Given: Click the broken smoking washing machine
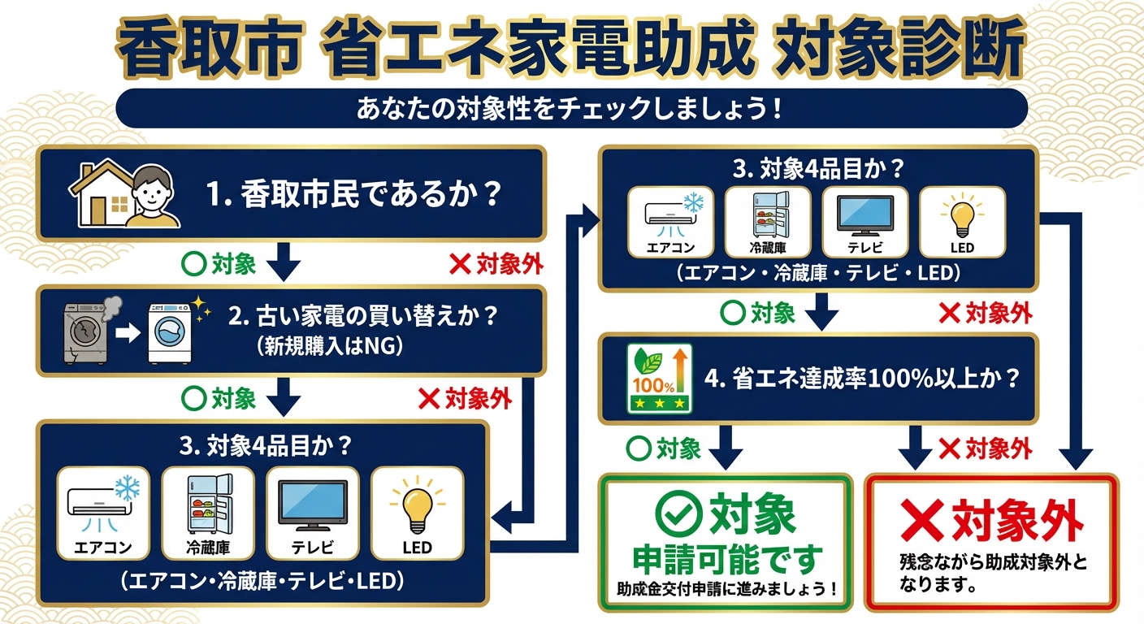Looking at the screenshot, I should click(x=86, y=331).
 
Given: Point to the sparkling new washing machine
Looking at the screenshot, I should click(x=170, y=333).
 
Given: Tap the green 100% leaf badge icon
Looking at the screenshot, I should click(x=659, y=379).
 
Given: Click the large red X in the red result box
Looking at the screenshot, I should click(x=922, y=518).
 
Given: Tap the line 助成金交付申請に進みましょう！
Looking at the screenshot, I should click(x=726, y=588).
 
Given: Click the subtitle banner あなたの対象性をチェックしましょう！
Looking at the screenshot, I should click(x=571, y=108).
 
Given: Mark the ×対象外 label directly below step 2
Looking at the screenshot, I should click(x=465, y=398).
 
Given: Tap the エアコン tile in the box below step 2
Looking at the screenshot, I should click(x=103, y=512).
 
